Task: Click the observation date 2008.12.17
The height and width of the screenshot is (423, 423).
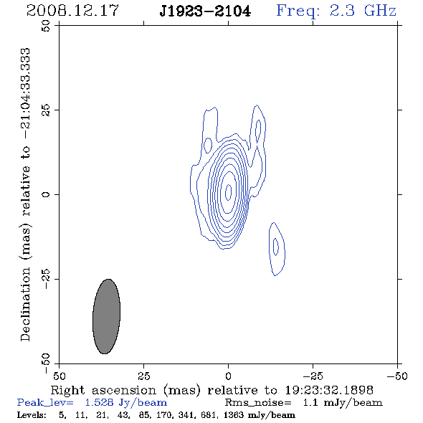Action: (72, 11)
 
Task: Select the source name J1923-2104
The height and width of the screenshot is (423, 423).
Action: (205, 11)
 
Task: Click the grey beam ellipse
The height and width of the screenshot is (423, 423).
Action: (106, 316)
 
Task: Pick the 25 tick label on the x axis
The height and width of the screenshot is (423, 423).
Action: (143, 376)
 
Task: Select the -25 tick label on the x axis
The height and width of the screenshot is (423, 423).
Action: (313, 376)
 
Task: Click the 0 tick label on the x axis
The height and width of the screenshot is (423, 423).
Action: (228, 376)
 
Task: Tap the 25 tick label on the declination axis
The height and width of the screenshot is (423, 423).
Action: (46, 110)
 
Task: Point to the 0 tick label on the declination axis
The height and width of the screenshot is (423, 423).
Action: (46, 194)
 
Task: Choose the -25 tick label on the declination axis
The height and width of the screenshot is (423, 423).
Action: (46, 279)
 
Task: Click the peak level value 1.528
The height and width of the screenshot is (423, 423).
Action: (99, 402)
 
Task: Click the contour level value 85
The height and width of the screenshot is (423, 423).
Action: (144, 414)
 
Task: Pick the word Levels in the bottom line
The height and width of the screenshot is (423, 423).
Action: (32, 414)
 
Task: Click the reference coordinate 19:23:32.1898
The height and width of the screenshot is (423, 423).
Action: (329, 390)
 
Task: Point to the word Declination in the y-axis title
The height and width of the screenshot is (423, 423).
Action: (25, 304)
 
